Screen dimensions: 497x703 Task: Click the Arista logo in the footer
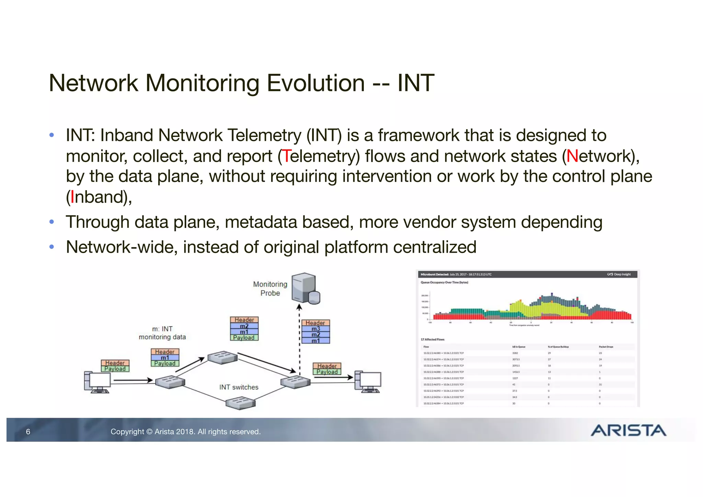click(628, 430)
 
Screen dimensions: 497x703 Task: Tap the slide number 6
click(28, 432)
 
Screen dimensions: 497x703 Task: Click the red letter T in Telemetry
click(286, 156)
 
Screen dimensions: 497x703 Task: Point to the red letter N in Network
click(572, 156)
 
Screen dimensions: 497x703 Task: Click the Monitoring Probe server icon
click(305, 288)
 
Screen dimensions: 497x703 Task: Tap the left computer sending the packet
click(97, 382)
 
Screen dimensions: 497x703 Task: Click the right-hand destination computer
click(368, 382)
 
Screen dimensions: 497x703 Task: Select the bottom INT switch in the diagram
click(241, 403)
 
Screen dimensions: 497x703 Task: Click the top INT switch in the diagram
click(222, 358)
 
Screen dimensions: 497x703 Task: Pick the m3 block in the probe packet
click(315, 329)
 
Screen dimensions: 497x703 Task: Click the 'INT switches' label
click(239, 387)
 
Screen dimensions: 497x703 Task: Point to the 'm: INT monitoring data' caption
click(162, 333)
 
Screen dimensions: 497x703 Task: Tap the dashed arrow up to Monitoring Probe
click(299, 340)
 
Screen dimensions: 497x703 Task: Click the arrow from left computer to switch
click(133, 380)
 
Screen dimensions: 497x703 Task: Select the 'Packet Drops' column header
click(606, 347)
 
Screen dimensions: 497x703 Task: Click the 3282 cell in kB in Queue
click(515, 353)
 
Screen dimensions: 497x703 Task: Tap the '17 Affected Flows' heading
click(433, 339)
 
